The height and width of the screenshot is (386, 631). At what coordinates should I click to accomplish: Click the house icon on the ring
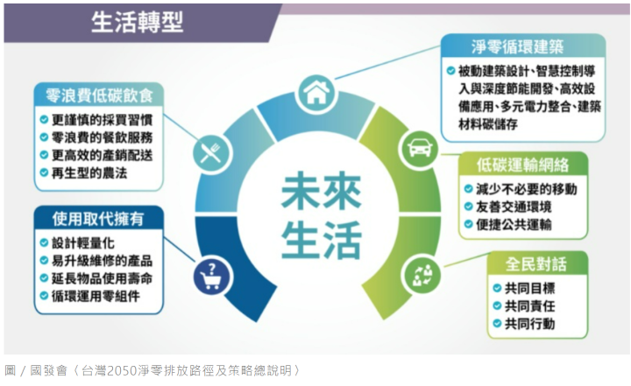tap(316, 94)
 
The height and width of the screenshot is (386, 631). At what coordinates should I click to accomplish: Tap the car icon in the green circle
tap(420, 149)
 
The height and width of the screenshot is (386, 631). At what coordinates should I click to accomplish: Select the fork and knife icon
tap(211, 153)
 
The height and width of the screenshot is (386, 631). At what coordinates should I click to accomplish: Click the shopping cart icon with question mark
tap(212, 276)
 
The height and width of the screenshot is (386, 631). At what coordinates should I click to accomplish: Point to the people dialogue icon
tap(422, 276)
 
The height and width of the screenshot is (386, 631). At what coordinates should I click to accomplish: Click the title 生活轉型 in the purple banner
tap(138, 22)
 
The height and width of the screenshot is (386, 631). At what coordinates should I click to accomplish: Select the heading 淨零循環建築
tap(518, 46)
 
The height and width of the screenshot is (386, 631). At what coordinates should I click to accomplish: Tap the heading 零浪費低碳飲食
tap(99, 95)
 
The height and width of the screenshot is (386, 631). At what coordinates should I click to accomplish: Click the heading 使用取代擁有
tap(98, 219)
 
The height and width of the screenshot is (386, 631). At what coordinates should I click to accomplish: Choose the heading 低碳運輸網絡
tap(522, 165)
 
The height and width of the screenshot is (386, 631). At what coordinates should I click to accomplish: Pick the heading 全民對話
tap(536, 264)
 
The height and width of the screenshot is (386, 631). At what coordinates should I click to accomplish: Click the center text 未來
tap(321, 192)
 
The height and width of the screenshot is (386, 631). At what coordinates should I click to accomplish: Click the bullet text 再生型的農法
tap(89, 173)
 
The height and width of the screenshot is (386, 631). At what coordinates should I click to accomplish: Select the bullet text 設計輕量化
tap(83, 243)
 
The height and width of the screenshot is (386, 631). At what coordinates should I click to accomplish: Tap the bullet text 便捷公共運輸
tap(514, 225)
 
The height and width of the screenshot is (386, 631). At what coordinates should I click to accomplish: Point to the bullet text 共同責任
tap(530, 306)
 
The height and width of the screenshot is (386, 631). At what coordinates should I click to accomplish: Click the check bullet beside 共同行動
tap(498, 324)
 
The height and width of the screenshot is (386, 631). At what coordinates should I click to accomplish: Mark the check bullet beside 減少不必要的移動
tap(468, 189)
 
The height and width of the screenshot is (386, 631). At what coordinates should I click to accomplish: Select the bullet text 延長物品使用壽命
tap(103, 278)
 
